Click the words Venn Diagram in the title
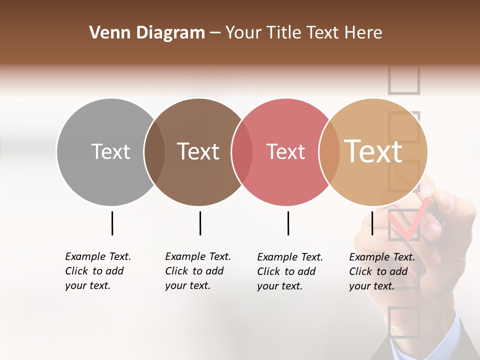click(x=147, y=33)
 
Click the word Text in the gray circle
click(x=110, y=151)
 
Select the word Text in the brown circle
click(x=198, y=151)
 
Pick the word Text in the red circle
click(x=285, y=151)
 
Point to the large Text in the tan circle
click(x=373, y=151)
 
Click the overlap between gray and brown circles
click(x=154, y=152)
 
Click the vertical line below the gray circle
click(x=112, y=223)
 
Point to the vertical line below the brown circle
click(x=200, y=223)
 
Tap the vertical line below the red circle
click(x=288, y=223)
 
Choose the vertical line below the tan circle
click(x=372, y=223)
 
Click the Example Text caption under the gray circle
click(x=98, y=271)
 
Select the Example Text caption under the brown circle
click(x=198, y=271)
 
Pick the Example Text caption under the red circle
click(x=290, y=271)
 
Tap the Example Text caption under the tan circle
click(x=382, y=271)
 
